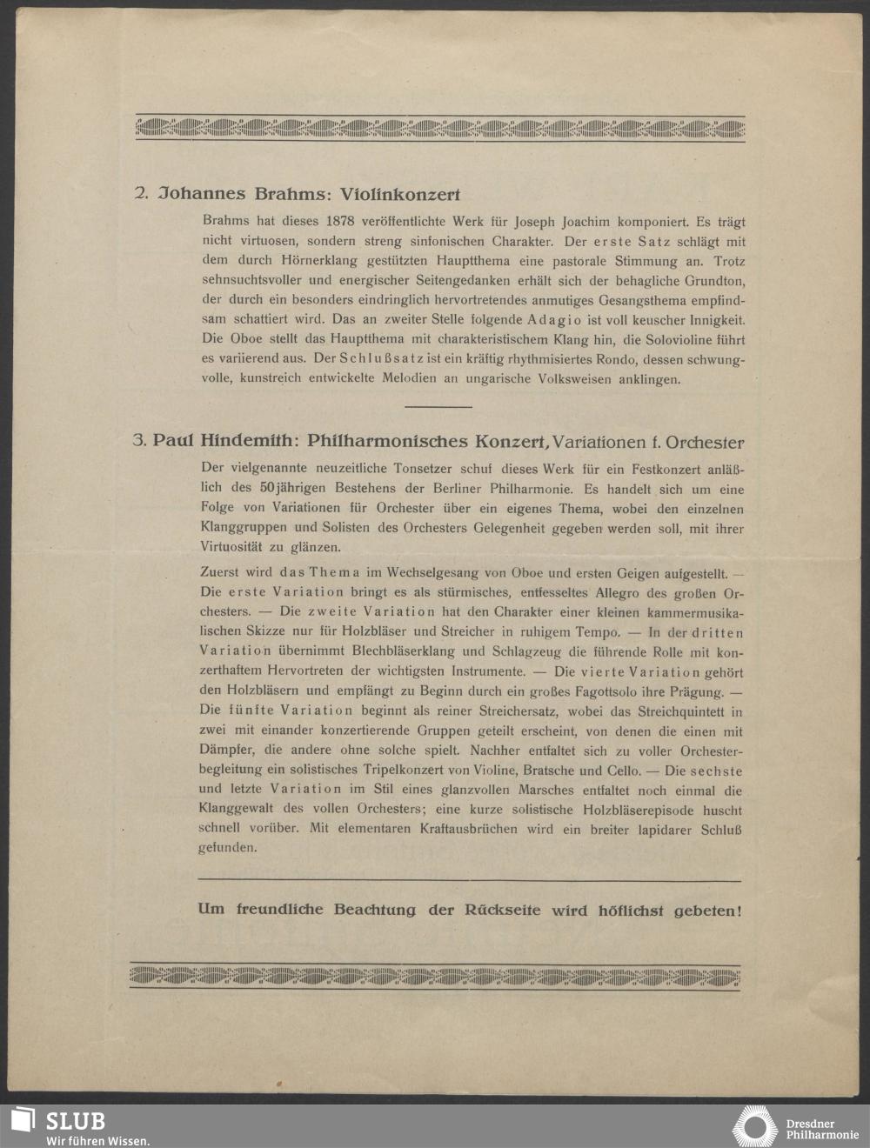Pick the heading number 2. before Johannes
click(142, 194)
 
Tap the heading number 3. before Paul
click(140, 441)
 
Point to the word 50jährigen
click(294, 488)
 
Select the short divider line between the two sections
click(438, 407)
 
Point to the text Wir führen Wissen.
click(98, 1140)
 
